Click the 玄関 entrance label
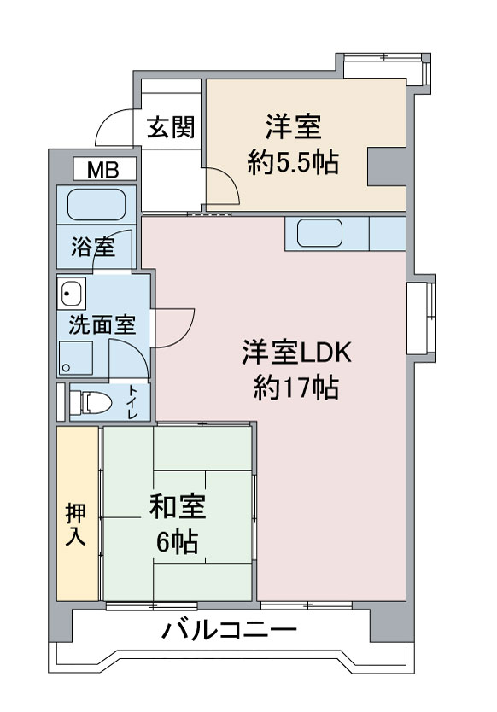[x=171, y=127]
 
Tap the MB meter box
[x=105, y=169]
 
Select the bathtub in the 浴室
[x=96, y=204]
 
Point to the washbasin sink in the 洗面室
[x=72, y=293]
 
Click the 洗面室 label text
[x=102, y=325]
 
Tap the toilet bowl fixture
[x=91, y=402]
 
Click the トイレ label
[x=132, y=402]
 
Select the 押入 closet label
[x=75, y=525]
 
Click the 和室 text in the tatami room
[x=178, y=507]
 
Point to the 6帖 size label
[x=177, y=541]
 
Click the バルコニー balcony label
[x=230, y=630]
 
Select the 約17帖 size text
[x=295, y=388]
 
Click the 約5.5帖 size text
[x=293, y=162]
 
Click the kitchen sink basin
[x=319, y=233]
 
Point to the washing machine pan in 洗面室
[x=76, y=359]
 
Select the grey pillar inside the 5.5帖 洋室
[x=386, y=166]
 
